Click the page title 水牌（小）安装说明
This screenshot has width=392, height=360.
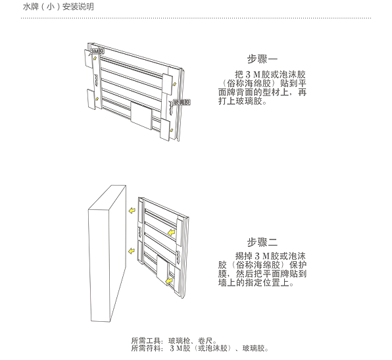click(x=59, y=7)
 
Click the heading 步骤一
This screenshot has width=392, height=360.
click(x=262, y=59)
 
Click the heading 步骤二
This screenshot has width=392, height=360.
click(x=262, y=242)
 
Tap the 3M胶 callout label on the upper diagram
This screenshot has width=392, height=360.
click(x=97, y=51)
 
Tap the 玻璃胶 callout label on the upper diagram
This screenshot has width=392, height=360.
click(x=182, y=102)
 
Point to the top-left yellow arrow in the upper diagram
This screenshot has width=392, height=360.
click(x=95, y=59)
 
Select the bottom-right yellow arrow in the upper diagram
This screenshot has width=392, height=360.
click(x=172, y=130)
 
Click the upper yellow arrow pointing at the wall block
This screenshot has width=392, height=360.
click(x=132, y=211)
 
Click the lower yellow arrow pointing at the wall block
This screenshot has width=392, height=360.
click(x=132, y=251)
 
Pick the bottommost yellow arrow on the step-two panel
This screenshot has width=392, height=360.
click(x=170, y=281)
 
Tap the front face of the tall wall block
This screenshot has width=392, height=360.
click(x=99, y=265)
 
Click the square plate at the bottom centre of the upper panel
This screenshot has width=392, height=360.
click(x=141, y=116)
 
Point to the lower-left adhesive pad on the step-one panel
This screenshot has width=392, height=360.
click(x=91, y=99)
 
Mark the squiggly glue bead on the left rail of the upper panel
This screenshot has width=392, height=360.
click(x=97, y=80)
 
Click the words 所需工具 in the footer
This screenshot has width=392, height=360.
click(x=146, y=340)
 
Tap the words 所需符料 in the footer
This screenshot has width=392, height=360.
click(x=146, y=348)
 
